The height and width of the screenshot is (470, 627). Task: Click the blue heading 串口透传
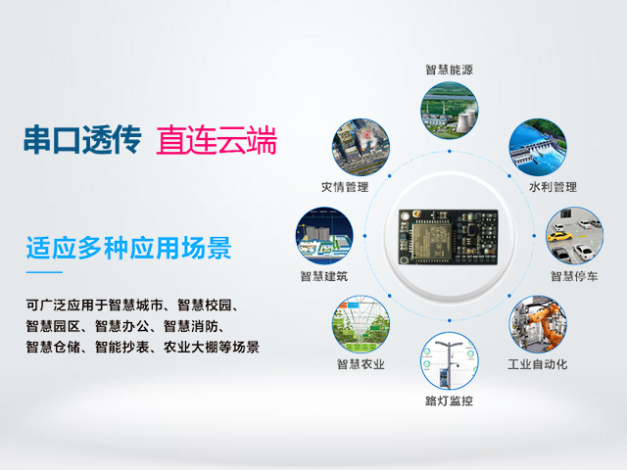click(x=84, y=141)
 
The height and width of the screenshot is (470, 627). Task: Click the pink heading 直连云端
click(x=217, y=141)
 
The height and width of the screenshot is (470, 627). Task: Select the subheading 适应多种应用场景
click(x=128, y=248)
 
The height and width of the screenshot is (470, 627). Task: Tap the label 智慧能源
click(x=450, y=70)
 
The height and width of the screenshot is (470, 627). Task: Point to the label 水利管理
click(x=553, y=186)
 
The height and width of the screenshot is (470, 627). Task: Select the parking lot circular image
click(x=574, y=236)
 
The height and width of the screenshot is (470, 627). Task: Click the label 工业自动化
click(x=537, y=365)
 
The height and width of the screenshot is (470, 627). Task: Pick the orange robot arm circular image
click(x=537, y=324)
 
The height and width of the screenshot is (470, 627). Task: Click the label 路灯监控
click(x=450, y=401)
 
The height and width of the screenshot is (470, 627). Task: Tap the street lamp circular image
click(x=450, y=362)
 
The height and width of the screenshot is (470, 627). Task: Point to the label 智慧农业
click(x=361, y=365)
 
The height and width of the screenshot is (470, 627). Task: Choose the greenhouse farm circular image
click(x=361, y=324)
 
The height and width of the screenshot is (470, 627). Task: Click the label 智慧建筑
click(x=324, y=276)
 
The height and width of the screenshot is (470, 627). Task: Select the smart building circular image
click(x=324, y=236)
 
